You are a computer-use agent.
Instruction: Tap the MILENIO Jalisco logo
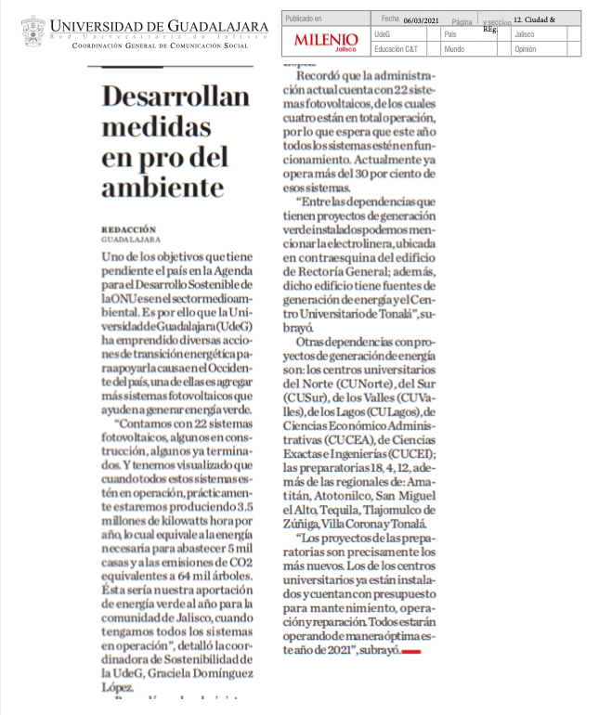[325, 41]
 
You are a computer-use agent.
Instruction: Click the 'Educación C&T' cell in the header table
[394, 48]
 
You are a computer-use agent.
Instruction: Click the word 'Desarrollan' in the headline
[176, 97]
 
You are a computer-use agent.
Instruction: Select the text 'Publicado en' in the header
[304, 18]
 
